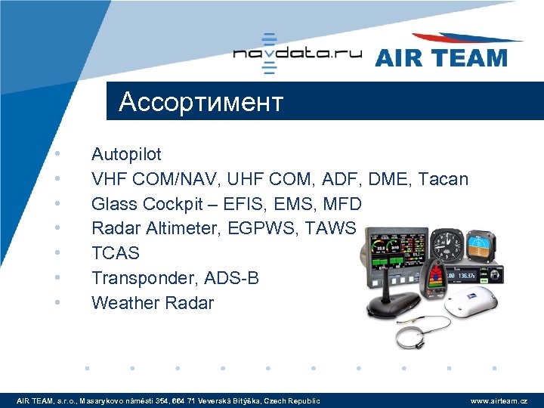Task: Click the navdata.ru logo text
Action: pyautogui.click(x=297, y=54)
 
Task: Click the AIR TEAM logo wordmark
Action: pyautogui.click(x=440, y=57)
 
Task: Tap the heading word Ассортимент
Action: pyautogui.click(x=201, y=102)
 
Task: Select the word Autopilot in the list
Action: pyautogui.click(x=126, y=155)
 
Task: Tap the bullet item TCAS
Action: pyautogui.click(x=116, y=253)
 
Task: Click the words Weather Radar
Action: pyautogui.click(x=153, y=303)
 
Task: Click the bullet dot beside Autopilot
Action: pyautogui.click(x=57, y=155)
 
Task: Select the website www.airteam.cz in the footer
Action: pyautogui.click(x=499, y=400)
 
